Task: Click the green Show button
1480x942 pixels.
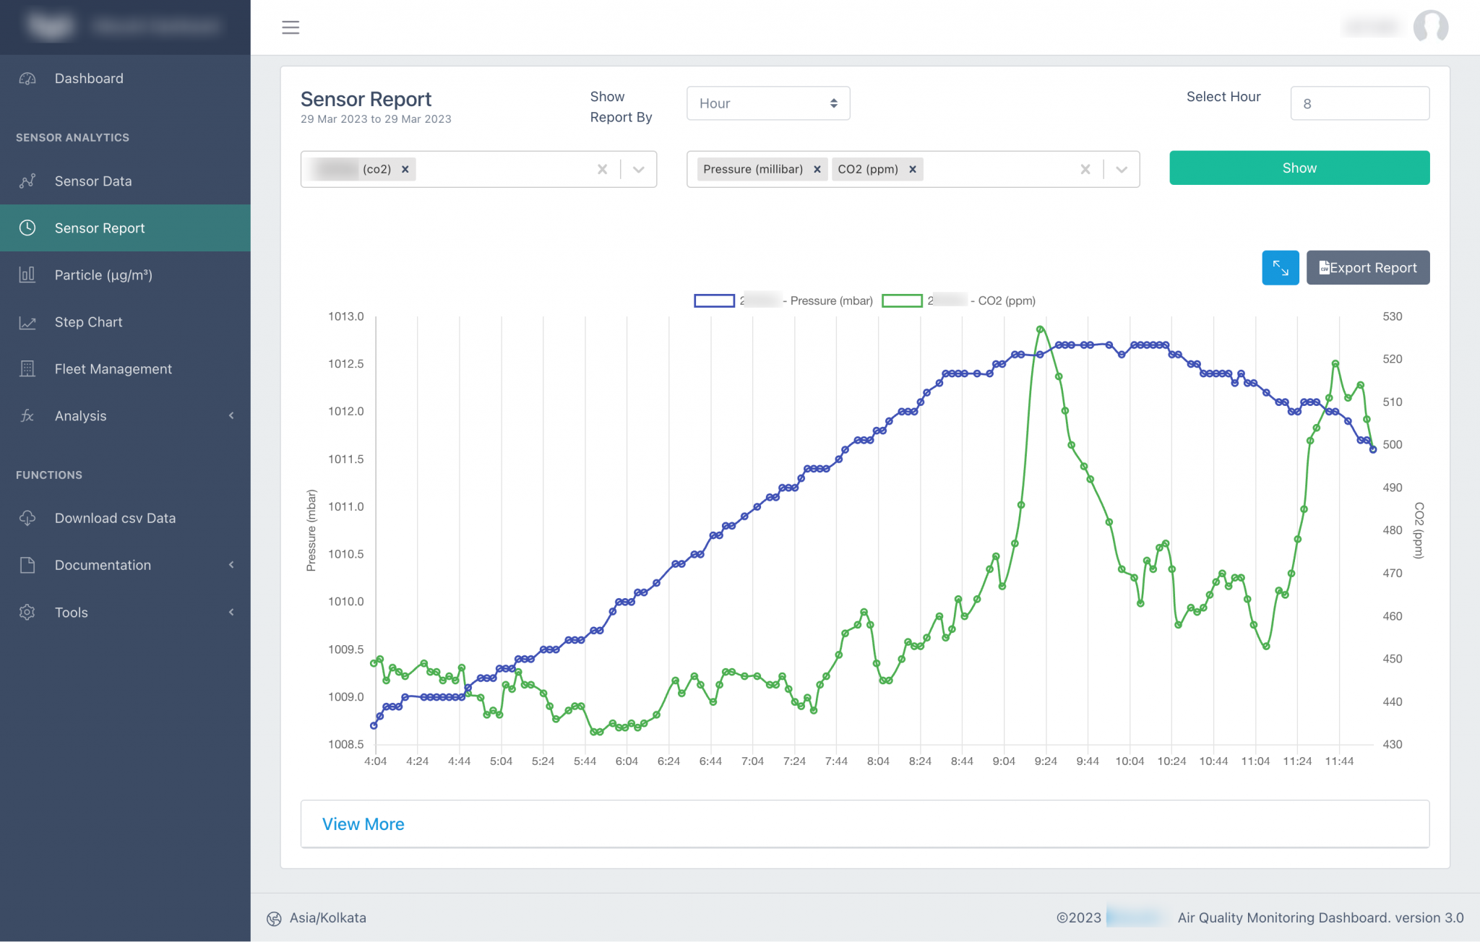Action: coord(1299,168)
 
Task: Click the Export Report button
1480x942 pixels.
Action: coord(1367,268)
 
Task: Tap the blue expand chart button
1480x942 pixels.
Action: coord(1280,268)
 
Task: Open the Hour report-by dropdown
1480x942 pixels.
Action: coord(767,103)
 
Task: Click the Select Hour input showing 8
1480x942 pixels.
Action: coord(1359,103)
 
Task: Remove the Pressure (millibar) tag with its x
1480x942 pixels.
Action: coord(817,169)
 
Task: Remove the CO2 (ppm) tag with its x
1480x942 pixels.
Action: coord(913,169)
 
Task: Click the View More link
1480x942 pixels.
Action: coord(363,824)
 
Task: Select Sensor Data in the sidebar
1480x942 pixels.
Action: coord(93,181)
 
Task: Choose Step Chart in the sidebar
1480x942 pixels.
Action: coord(88,322)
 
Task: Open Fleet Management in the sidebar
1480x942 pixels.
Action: coord(113,369)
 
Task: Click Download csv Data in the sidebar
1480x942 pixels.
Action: coord(115,518)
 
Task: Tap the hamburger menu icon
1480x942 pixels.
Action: coord(291,27)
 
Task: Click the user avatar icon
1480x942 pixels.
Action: coord(1430,27)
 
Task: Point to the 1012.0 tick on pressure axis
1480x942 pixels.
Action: coord(346,411)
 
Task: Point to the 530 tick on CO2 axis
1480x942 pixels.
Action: coord(1392,316)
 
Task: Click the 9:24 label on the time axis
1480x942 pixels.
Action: coord(1045,761)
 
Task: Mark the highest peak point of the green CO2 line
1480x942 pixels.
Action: coord(1040,329)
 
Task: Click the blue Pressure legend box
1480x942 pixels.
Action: coord(714,301)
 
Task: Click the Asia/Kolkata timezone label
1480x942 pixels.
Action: coord(327,918)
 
